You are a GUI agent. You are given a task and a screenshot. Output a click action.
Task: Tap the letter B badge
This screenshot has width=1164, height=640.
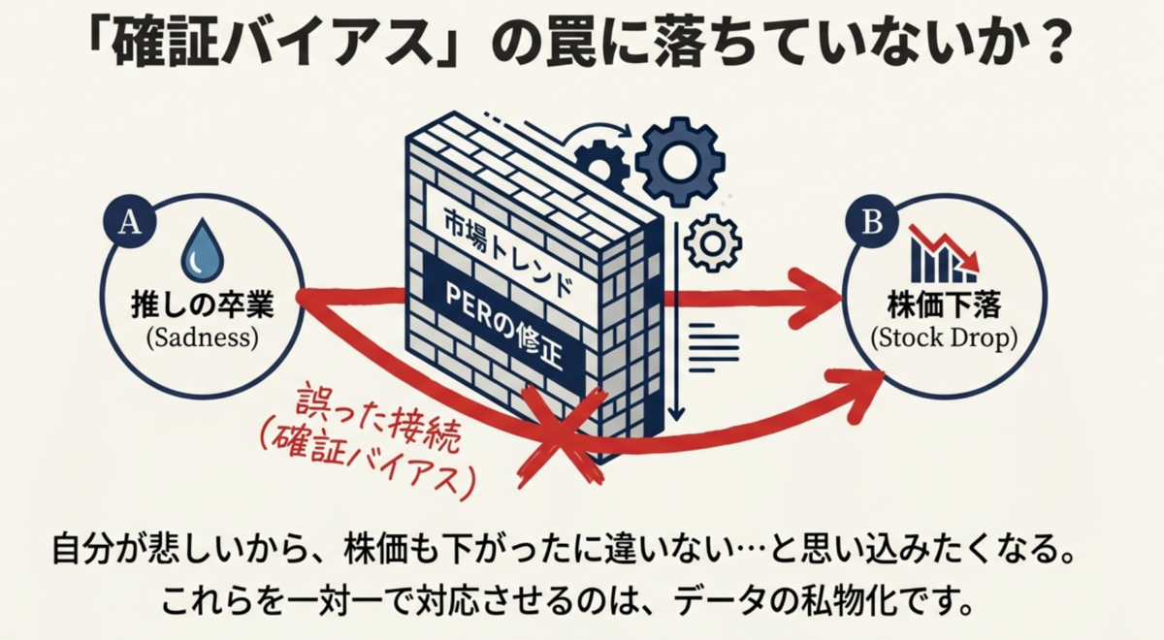[872, 223]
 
